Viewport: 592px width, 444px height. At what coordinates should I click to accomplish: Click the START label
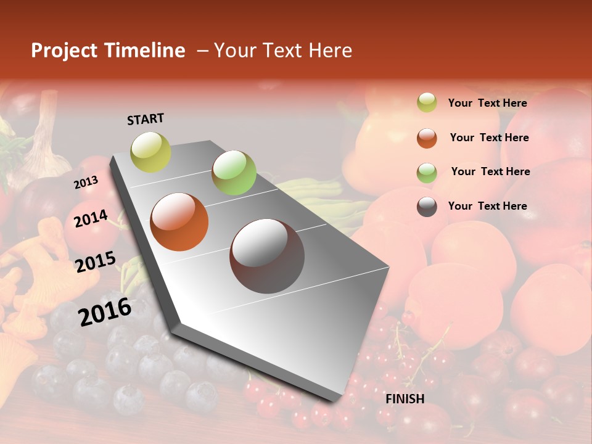(x=146, y=119)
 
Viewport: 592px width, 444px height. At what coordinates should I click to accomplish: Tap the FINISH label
(x=405, y=399)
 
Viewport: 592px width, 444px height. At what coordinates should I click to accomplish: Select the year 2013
(x=86, y=183)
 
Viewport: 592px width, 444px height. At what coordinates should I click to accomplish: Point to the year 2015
(x=96, y=263)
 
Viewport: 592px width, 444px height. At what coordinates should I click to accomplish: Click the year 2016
(x=105, y=312)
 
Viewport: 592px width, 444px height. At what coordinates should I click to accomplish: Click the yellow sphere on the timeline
(x=151, y=152)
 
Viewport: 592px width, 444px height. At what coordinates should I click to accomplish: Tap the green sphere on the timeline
(x=234, y=172)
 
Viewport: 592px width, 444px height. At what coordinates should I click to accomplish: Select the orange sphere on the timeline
(x=179, y=222)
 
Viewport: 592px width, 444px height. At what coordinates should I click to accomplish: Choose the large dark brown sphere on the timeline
(x=267, y=255)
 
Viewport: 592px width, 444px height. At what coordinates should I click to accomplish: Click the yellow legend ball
(x=427, y=103)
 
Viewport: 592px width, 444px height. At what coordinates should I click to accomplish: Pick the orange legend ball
(x=427, y=138)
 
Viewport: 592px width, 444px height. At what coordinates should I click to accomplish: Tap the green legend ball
(x=427, y=172)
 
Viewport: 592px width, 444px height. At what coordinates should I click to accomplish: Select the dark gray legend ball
(x=427, y=207)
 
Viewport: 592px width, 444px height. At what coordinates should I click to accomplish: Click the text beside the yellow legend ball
(x=487, y=103)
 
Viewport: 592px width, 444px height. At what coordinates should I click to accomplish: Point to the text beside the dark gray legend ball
(x=487, y=206)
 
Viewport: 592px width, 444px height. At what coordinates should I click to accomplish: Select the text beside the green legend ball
(x=490, y=171)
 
